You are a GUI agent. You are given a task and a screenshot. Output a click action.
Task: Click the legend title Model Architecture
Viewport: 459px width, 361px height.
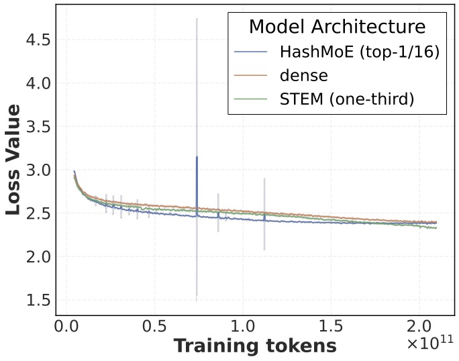click(337, 27)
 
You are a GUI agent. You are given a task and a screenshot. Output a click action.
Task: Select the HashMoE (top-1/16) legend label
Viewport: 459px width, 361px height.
click(359, 52)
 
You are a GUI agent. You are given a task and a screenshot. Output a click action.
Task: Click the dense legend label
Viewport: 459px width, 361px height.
click(303, 75)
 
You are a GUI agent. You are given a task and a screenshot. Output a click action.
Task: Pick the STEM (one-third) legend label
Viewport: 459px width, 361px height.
click(346, 99)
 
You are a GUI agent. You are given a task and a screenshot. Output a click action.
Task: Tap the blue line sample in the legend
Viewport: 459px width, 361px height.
click(250, 52)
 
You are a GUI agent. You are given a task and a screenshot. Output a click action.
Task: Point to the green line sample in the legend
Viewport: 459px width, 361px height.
click(250, 99)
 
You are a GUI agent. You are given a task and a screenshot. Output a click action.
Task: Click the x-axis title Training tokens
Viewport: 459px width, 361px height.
click(255, 346)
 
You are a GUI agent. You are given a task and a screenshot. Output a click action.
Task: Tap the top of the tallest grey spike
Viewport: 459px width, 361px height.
click(197, 19)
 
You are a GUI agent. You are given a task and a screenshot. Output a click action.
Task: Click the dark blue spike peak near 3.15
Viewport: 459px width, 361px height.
click(197, 157)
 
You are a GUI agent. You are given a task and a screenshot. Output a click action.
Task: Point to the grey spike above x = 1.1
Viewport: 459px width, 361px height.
click(264, 180)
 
